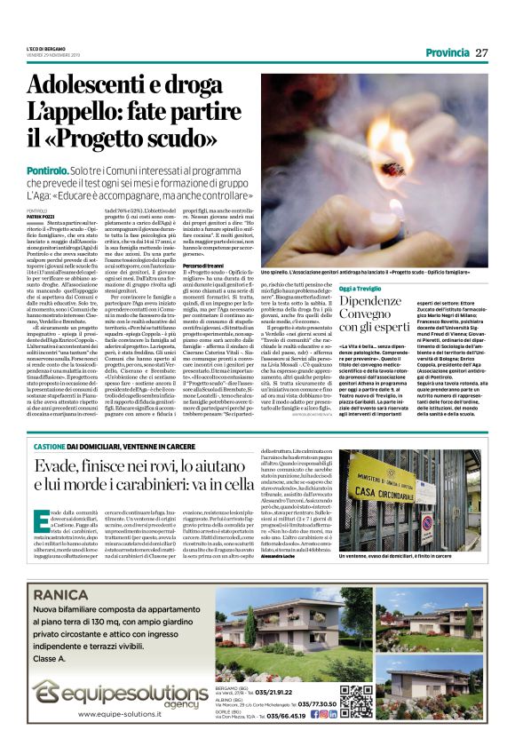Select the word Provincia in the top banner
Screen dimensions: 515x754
click(x=448, y=52)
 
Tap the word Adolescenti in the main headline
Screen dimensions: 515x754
click(x=91, y=86)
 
